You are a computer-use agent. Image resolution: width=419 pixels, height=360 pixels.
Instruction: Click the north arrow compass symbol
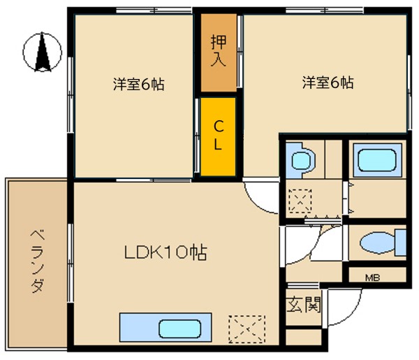point(42,52)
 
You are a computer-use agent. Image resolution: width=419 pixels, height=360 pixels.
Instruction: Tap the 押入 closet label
point(219,50)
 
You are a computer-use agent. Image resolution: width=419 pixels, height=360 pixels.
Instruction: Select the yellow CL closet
point(218,137)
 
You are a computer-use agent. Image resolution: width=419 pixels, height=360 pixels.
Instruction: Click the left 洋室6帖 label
point(139,84)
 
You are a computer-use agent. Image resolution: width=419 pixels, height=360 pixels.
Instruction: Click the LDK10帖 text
point(166,252)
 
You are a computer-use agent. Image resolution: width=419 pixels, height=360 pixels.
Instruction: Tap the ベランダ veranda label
point(38,261)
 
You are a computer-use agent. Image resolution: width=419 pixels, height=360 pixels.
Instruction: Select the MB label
point(372,278)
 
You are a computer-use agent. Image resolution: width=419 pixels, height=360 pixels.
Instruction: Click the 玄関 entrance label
point(304,304)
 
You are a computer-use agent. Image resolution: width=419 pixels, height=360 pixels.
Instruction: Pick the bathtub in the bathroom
point(377,160)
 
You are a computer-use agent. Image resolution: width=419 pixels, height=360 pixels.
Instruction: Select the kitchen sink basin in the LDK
point(180,329)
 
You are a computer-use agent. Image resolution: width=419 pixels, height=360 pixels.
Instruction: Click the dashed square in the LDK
point(247,329)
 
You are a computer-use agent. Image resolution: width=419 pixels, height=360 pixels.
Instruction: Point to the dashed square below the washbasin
point(300,201)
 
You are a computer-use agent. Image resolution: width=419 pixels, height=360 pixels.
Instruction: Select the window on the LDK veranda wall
point(71,263)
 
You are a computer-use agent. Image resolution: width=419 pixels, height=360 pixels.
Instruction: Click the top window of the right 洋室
point(325,10)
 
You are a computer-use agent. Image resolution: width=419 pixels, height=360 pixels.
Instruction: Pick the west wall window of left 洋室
point(71,94)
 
